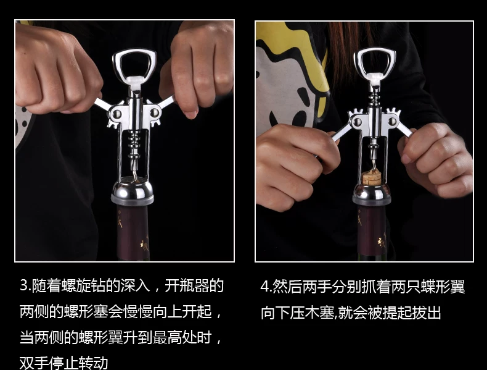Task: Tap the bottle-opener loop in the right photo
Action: [x=357, y=62]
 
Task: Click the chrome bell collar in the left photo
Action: [x=133, y=190]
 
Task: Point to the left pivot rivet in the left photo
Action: [x=117, y=114]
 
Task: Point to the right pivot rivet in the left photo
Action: [x=153, y=112]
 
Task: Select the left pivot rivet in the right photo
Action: [x=358, y=122]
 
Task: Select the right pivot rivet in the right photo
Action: [x=392, y=121]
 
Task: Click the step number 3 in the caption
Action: [x=24, y=285]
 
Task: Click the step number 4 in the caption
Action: [x=264, y=286]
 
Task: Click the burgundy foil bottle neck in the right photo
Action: [x=372, y=230]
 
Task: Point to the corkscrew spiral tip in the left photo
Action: [x=134, y=179]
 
